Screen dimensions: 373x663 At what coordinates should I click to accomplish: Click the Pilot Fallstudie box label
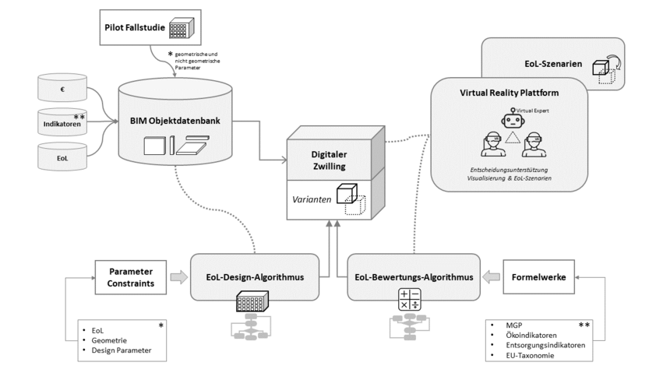[133, 27]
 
